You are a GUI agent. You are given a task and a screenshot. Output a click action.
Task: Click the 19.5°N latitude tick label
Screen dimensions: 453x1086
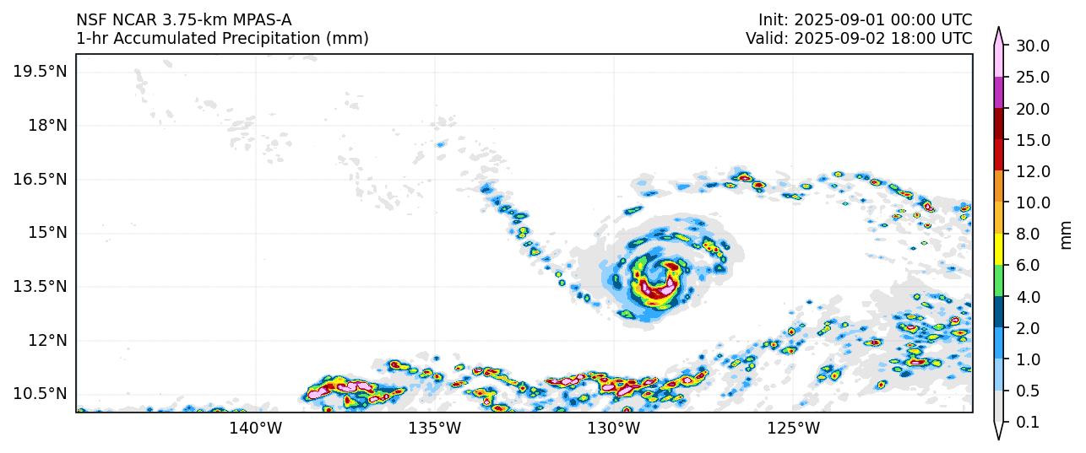[40, 71]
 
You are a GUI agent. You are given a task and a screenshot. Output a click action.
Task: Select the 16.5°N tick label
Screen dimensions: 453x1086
[40, 179]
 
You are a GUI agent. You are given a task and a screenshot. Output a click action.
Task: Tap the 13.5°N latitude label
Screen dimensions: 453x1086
[40, 286]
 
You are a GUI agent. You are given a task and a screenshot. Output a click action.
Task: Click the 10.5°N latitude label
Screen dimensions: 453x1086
[40, 393]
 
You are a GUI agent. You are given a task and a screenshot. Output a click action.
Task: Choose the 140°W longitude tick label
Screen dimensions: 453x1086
[256, 429]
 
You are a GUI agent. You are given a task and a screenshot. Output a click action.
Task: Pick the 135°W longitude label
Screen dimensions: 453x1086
[435, 429]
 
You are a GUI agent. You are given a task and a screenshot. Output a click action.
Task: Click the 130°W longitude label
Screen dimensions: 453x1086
[614, 429]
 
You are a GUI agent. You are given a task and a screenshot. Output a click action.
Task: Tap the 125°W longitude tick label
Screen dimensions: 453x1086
[794, 429]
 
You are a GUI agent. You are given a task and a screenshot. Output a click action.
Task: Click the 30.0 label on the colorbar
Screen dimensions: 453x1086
[1032, 46]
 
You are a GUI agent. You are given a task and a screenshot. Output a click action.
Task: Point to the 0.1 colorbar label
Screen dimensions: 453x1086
[1028, 423]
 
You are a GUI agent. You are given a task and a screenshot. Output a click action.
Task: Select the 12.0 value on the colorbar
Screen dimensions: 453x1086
[1032, 171]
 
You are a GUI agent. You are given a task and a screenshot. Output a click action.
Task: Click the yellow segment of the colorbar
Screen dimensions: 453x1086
[999, 250]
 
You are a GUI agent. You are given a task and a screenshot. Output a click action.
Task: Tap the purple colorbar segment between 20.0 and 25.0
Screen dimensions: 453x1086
[999, 93]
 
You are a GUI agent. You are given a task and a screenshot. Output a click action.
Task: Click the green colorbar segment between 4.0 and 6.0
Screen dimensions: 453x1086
[999, 281]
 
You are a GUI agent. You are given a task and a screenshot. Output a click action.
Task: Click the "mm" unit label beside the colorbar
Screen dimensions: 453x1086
[1066, 235]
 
